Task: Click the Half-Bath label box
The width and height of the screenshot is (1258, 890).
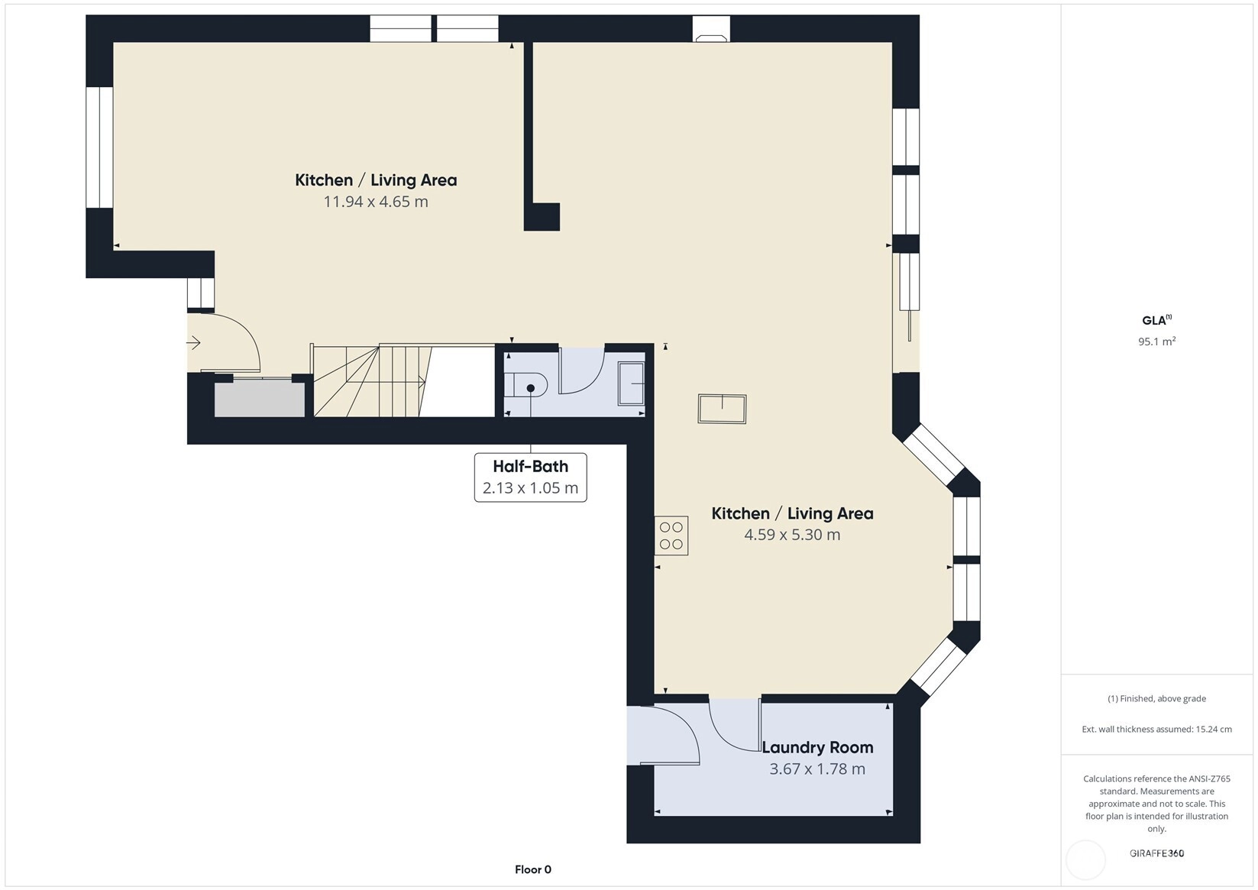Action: pos(531,477)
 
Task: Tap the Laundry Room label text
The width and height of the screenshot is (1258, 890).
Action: pos(817,747)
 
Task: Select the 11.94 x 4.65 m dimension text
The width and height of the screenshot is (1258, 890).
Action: pos(376,201)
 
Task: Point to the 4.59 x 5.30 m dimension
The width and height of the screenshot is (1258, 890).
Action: pos(792,534)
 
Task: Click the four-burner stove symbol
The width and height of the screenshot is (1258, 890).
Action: pos(671,536)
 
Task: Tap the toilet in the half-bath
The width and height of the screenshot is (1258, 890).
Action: pos(526,385)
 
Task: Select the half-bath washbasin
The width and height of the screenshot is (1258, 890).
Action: pos(631,384)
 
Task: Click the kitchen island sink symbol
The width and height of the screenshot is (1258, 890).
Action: pos(723,409)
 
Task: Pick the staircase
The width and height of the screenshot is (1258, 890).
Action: pos(403,380)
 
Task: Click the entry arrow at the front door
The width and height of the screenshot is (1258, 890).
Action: pos(194,342)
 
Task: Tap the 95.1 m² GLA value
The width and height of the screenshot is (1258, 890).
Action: pos(1157,341)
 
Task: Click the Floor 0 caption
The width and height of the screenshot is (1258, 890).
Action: pos(533,869)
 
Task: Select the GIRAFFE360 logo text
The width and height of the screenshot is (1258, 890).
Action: pos(1157,853)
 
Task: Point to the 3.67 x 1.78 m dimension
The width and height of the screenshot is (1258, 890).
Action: pos(817,769)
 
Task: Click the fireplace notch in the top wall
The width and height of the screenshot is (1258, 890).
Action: pos(711,29)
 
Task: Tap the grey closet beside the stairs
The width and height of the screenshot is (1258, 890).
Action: pos(260,399)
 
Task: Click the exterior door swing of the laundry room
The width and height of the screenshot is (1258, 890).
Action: pos(663,735)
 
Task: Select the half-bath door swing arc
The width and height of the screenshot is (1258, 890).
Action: pos(582,371)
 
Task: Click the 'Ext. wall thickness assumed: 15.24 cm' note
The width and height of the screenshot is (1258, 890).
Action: pos(1157,730)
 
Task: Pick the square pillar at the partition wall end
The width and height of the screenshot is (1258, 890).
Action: pos(542,216)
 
